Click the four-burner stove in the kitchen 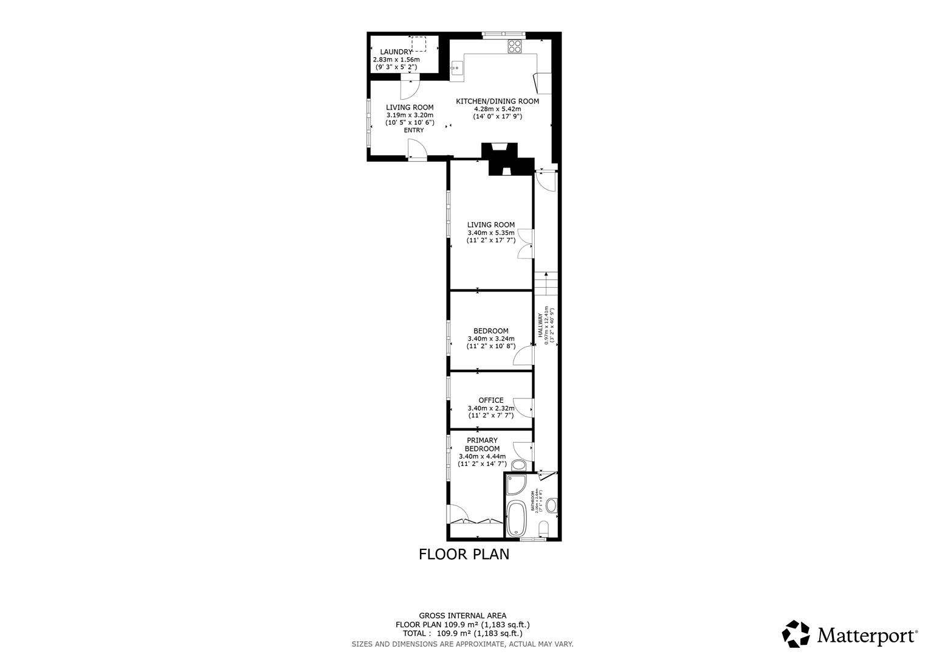515,46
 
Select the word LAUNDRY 396,52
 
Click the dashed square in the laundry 419,44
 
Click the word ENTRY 414,130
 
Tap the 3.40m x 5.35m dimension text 490,233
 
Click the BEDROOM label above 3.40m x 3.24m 490,332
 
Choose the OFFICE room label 490,400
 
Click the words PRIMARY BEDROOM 482,445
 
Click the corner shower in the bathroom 516,485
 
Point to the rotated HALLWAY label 540,326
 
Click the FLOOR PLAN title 464,554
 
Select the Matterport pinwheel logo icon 796,634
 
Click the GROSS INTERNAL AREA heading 462,616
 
